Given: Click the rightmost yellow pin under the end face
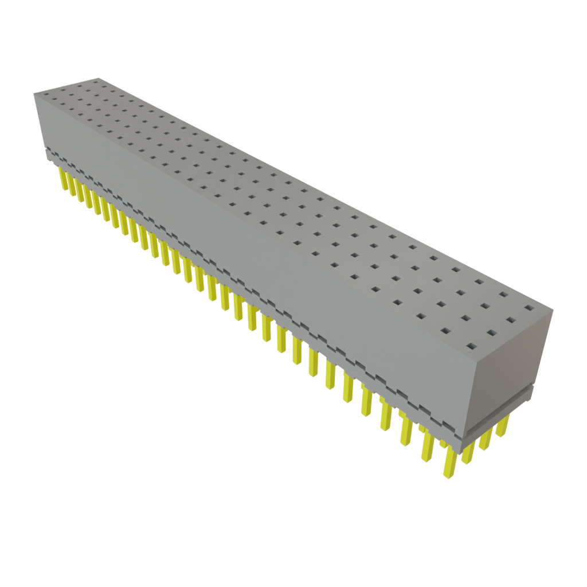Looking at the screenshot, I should [503, 426].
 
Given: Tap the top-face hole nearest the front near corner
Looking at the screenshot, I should [471, 346].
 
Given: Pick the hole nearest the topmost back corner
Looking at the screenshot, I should [96, 83].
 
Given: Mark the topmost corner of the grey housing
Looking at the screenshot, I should [98, 77].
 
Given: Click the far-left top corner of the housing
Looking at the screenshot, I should [34, 93].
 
